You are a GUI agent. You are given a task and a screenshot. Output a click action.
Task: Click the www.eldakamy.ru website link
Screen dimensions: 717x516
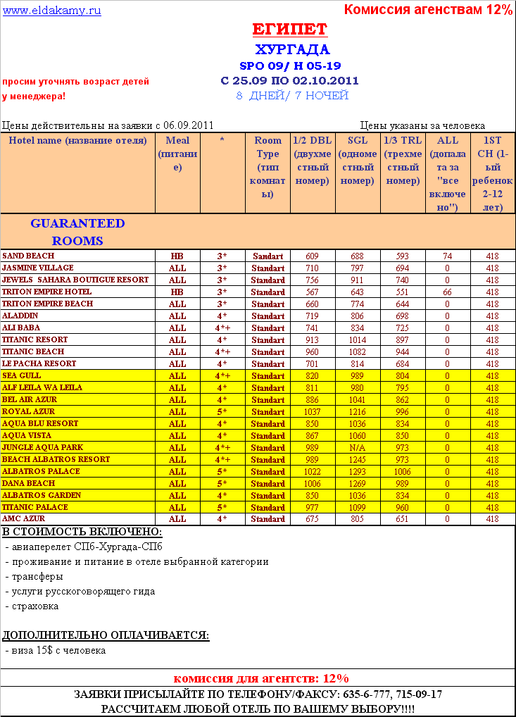pyautogui.click(x=52, y=10)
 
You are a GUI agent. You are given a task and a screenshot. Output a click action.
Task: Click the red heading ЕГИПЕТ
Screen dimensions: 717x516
pyautogui.click(x=289, y=30)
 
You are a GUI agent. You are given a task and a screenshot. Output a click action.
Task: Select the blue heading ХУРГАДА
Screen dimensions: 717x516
pyautogui.click(x=292, y=49)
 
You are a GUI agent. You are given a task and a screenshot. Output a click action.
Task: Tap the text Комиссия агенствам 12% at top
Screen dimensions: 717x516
pyautogui.click(x=428, y=9)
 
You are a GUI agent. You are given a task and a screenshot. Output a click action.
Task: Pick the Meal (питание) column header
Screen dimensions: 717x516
pyautogui.click(x=177, y=154)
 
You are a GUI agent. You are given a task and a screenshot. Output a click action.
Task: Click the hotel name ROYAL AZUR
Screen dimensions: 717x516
pyautogui.click(x=28, y=411)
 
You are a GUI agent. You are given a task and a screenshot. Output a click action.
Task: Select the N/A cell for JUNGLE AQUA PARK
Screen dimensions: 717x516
pyautogui.click(x=358, y=448)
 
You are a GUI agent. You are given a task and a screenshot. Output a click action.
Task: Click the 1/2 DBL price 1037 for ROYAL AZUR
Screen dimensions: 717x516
pyautogui.click(x=313, y=412)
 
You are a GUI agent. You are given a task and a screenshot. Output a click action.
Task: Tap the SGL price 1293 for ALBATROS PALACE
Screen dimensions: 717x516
pyautogui.click(x=358, y=472)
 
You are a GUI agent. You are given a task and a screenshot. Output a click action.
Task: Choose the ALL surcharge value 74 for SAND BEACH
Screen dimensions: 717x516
pyautogui.click(x=447, y=256)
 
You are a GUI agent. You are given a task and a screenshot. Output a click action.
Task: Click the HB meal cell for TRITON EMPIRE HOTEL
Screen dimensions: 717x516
pyautogui.click(x=177, y=292)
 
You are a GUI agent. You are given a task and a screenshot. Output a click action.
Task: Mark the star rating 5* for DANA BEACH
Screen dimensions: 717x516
pyautogui.click(x=222, y=484)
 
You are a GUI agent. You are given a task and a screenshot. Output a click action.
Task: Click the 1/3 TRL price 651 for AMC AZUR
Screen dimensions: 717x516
pyautogui.click(x=403, y=519)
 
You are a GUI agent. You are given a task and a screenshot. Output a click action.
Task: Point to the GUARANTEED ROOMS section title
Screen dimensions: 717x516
pyautogui.click(x=77, y=232)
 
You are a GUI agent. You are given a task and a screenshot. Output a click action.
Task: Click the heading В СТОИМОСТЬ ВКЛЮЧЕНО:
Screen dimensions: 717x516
pyautogui.click(x=82, y=532)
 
